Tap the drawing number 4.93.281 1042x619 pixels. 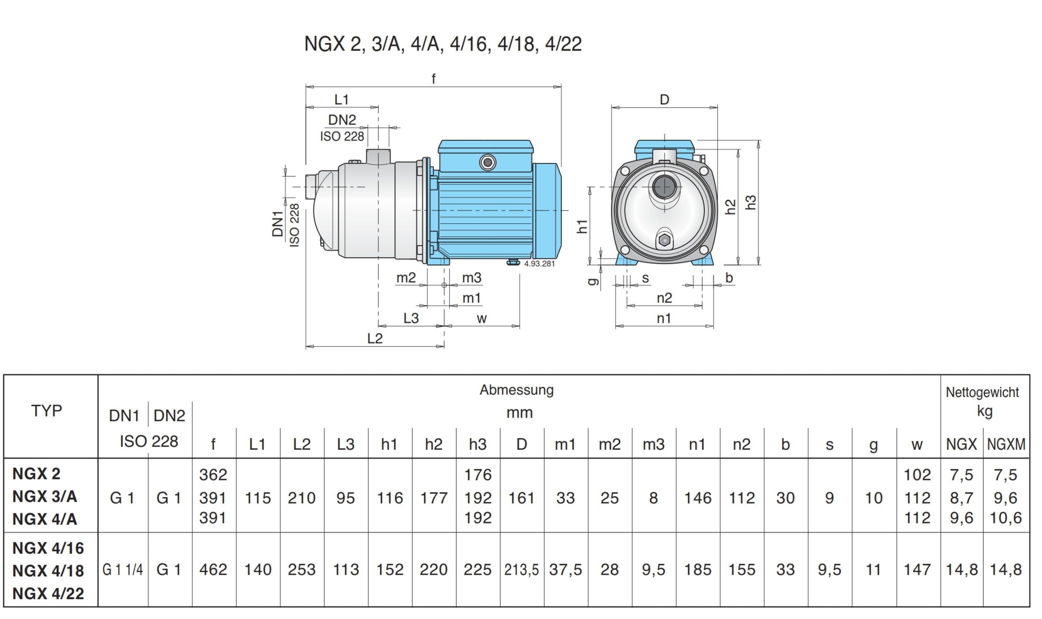click(539, 264)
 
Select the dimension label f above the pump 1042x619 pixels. click(433, 79)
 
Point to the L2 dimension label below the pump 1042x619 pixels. click(374, 338)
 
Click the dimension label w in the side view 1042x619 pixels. click(482, 319)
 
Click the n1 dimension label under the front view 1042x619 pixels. click(664, 319)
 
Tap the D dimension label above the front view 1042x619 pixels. click(664, 100)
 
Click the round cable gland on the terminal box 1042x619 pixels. click(487, 162)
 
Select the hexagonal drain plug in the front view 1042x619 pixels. click(664, 240)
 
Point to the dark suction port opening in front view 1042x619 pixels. click(664, 187)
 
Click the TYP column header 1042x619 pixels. click(47, 411)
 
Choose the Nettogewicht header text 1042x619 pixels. click(982, 392)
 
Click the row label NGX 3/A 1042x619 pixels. click(45, 497)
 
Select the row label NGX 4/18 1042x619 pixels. click(48, 571)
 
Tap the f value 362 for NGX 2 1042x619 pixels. click(213, 475)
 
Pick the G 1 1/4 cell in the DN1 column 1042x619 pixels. click(122, 570)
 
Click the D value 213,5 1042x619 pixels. click(521, 570)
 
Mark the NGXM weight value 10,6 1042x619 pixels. click(1005, 518)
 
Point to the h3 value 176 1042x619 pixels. click(477, 475)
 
